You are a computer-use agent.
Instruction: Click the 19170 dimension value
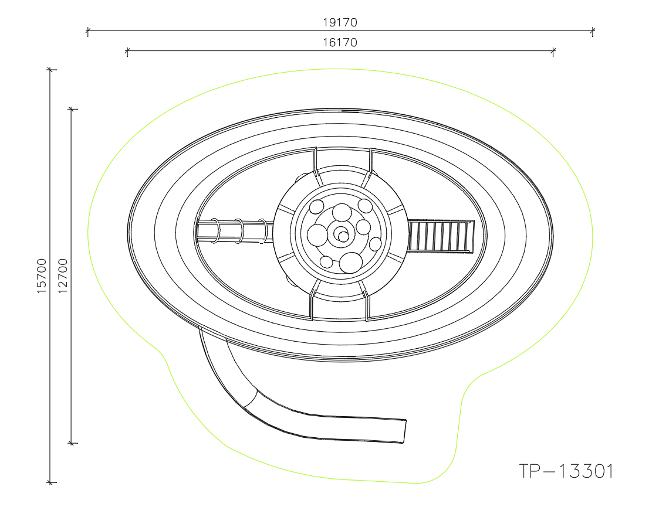click(340, 22)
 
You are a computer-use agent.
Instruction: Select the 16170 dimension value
click(340, 42)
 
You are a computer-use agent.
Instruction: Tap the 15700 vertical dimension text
click(42, 275)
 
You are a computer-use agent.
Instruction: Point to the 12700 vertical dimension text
click(63, 275)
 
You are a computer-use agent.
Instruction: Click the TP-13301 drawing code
click(566, 471)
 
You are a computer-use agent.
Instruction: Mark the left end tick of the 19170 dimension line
click(87, 30)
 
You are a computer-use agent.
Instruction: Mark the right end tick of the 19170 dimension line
click(593, 30)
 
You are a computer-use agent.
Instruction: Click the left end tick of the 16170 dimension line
click(127, 51)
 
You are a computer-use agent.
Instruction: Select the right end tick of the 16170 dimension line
click(553, 51)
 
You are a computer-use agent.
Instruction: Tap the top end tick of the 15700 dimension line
click(50, 70)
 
